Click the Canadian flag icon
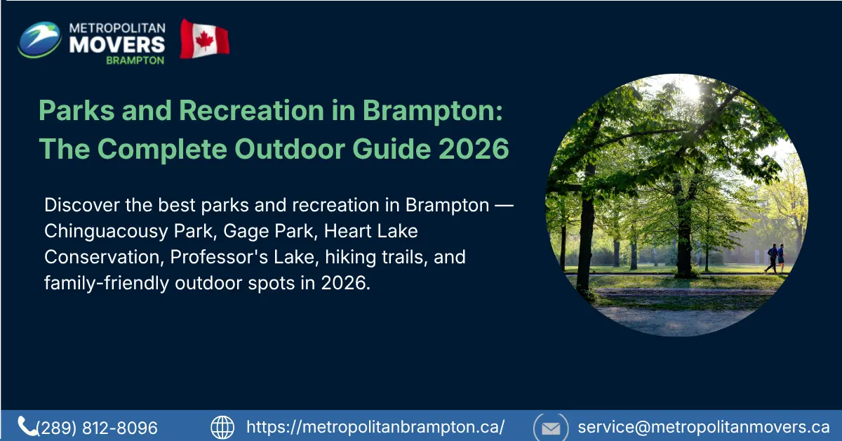coord(204,39)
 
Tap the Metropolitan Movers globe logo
coord(39,39)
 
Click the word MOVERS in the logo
coord(118,44)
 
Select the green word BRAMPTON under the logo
coord(135,60)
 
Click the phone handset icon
coord(27,426)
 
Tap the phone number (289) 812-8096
coord(97,428)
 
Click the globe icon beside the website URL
coord(222,427)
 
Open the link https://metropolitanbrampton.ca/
coord(375,427)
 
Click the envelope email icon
coord(551,427)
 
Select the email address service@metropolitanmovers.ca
coord(704,427)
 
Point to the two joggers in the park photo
coord(775,258)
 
